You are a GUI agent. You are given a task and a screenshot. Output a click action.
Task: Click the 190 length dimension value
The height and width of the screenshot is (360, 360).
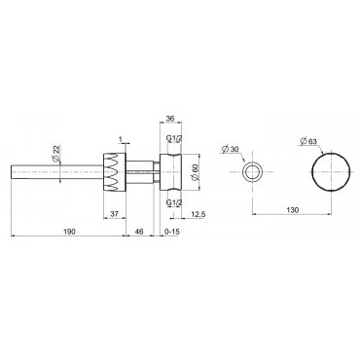(69, 232)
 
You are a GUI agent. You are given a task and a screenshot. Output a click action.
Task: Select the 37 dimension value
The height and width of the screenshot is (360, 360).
(114, 213)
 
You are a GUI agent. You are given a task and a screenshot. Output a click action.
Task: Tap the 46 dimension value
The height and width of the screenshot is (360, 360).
(139, 232)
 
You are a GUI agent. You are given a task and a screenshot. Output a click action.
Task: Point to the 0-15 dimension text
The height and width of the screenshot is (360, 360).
(172, 232)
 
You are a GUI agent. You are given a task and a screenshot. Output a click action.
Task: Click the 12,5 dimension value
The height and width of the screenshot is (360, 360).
(198, 213)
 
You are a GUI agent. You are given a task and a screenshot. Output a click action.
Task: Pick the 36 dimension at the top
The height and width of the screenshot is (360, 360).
(170, 119)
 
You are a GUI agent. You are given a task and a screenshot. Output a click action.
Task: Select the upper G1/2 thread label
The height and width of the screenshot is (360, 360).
(174, 138)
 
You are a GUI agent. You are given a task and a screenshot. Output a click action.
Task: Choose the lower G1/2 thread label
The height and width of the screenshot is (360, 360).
(174, 202)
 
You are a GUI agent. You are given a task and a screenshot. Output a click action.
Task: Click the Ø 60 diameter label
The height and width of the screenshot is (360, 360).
(195, 171)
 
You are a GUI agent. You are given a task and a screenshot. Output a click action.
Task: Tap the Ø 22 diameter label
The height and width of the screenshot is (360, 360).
(55, 154)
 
